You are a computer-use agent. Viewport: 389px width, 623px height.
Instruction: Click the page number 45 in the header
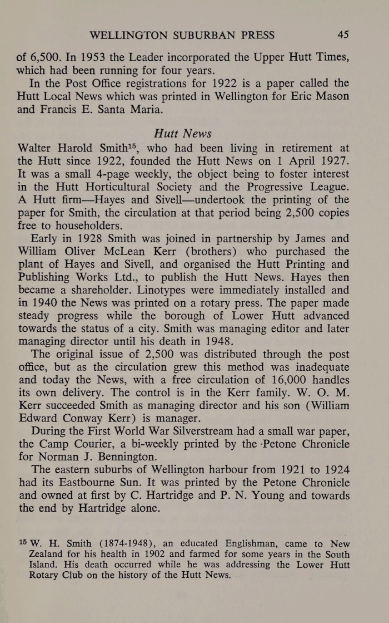pyautogui.click(x=342, y=35)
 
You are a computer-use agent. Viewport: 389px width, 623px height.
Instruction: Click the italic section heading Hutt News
pyautogui.click(x=181, y=134)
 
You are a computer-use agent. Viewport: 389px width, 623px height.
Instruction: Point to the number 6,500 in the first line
pyautogui.click(x=48, y=57)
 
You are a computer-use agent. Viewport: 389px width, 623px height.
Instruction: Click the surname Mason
pyautogui.click(x=330, y=96)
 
